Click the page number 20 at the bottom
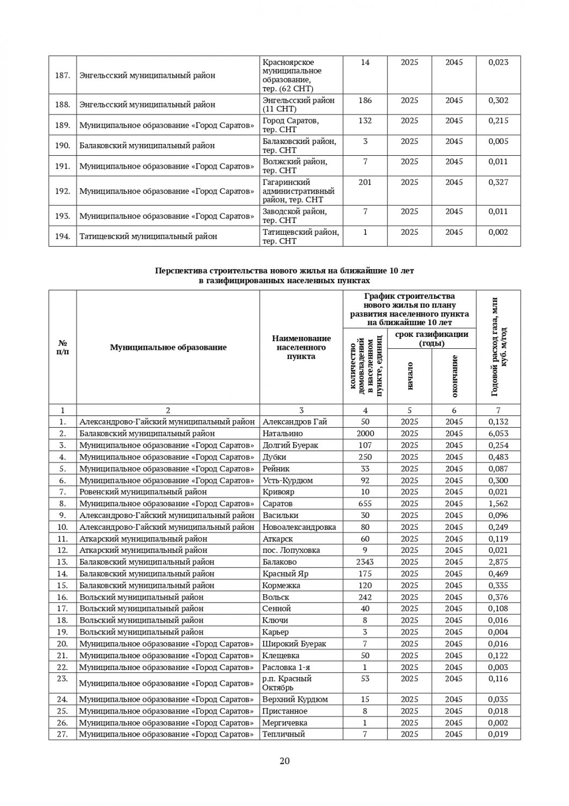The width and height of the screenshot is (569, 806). pyautogui.click(x=284, y=761)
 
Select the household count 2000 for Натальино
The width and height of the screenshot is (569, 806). pyautogui.click(x=365, y=434)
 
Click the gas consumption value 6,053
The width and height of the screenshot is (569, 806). pyautogui.click(x=498, y=434)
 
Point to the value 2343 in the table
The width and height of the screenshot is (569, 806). pyautogui.click(x=365, y=562)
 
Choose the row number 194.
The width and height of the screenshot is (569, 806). pyautogui.click(x=63, y=236)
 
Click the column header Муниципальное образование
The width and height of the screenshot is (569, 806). pyautogui.click(x=168, y=348)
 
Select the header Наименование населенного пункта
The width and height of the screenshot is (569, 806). pyautogui.click(x=301, y=347)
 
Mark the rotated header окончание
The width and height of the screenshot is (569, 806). pyautogui.click(x=454, y=376)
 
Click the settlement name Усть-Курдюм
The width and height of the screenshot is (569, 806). pyautogui.click(x=288, y=480)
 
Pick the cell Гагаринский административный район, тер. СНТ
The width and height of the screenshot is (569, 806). pyautogui.click(x=298, y=191)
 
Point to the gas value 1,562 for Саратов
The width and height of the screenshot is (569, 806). pyautogui.click(x=498, y=503)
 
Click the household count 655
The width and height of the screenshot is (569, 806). pyautogui.click(x=365, y=503)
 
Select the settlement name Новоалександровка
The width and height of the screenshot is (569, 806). pyautogui.click(x=299, y=527)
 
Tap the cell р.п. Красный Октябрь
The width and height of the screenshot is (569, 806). pyautogui.click(x=287, y=683)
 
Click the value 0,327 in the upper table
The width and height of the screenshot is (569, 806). pyautogui.click(x=498, y=183)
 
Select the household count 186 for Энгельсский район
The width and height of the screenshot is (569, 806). pyautogui.click(x=365, y=100)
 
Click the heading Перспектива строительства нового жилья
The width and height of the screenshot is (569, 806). pyautogui.click(x=284, y=271)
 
